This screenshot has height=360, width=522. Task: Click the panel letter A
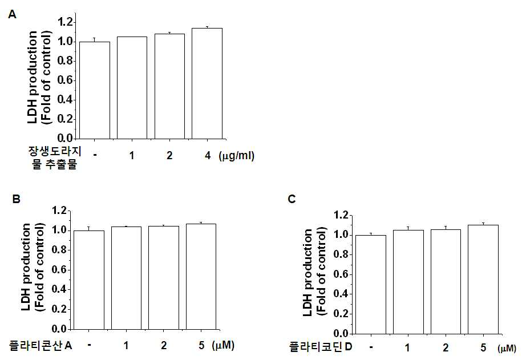(x=12, y=15)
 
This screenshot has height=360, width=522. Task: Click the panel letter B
(x=17, y=199)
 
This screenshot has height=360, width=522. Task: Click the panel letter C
(x=292, y=199)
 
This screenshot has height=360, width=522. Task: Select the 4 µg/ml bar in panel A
(x=207, y=83)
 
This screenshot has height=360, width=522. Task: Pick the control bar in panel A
(x=95, y=90)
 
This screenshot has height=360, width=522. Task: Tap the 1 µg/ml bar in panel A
(x=132, y=88)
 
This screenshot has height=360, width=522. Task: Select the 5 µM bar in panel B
(x=201, y=276)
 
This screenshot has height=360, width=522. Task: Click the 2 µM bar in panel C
(x=446, y=282)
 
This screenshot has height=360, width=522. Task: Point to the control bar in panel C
(x=371, y=284)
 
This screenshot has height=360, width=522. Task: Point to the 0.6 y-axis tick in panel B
(x=59, y=270)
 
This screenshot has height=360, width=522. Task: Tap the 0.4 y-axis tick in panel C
(x=341, y=294)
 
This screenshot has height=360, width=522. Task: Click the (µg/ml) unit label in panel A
(x=236, y=156)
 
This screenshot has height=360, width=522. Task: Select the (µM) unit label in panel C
(x=507, y=349)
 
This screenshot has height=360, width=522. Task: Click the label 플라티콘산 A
(x=41, y=345)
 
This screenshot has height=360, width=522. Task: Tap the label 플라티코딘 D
(x=321, y=347)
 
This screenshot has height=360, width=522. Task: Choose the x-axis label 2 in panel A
(x=169, y=155)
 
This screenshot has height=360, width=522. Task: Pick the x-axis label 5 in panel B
(x=201, y=345)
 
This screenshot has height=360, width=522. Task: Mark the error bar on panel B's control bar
(x=88, y=228)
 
